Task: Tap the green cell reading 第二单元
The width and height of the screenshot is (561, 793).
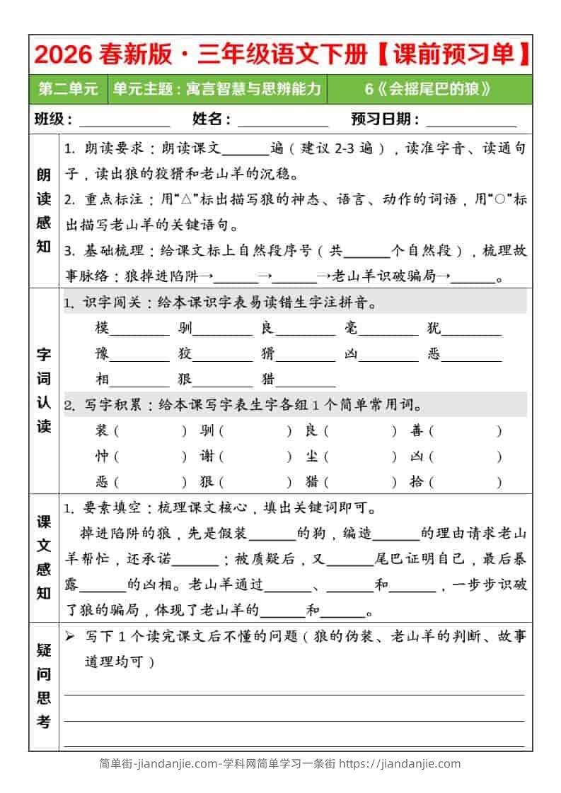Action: [68, 89]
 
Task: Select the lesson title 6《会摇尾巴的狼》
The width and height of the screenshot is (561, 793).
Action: [427, 89]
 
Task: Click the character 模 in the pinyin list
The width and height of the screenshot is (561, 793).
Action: [103, 329]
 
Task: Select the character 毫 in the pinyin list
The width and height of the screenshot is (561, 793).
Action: [351, 329]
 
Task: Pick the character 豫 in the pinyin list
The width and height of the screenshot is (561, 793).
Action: [103, 354]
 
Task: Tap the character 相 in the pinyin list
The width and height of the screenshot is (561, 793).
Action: [103, 380]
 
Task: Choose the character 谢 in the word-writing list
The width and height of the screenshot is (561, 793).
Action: [207, 457]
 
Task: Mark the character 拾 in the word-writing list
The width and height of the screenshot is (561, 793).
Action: [416, 482]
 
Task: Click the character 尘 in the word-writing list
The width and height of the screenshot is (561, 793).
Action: [311, 457]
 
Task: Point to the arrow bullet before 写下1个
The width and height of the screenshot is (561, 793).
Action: [70, 637]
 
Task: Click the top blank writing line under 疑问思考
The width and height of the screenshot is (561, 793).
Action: [294, 694]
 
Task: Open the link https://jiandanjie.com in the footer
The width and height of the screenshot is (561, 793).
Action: [400, 764]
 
